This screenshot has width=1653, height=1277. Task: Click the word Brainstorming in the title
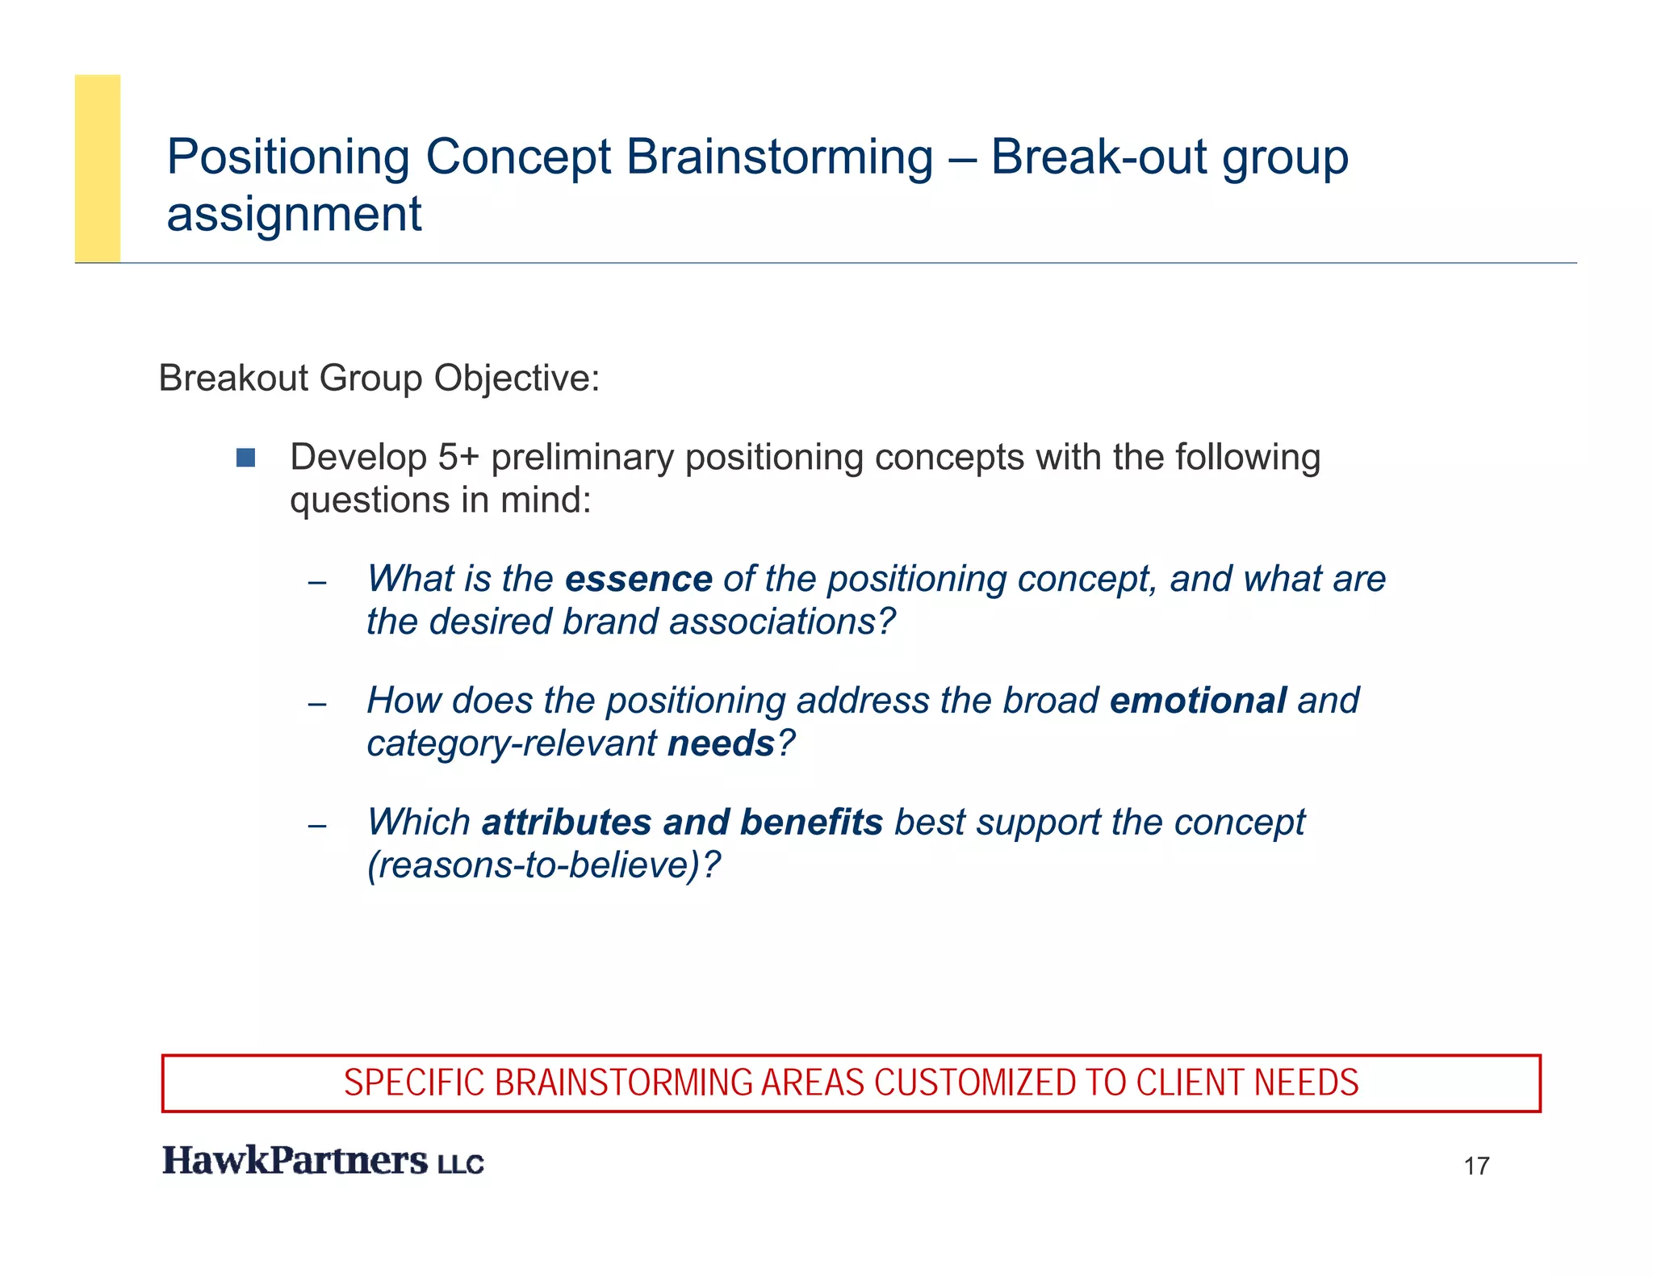tap(779, 157)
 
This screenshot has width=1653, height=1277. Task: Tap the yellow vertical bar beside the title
tap(98, 168)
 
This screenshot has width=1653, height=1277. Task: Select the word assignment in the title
tap(294, 215)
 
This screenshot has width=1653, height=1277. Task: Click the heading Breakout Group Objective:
tap(379, 378)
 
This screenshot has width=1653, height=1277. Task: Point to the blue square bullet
tap(245, 458)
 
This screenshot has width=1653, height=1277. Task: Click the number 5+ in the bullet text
tap(458, 458)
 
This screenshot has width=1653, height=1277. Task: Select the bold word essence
tap(638, 580)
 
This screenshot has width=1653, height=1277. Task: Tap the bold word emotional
tap(1198, 701)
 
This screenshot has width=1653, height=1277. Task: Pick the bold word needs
tap(721, 743)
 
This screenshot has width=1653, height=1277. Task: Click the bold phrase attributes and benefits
tap(682, 823)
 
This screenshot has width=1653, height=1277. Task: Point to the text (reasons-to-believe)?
tap(543, 865)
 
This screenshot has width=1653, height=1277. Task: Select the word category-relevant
tap(512, 743)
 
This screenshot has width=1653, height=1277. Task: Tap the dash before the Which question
tap(317, 826)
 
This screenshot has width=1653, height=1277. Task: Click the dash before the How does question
tap(317, 704)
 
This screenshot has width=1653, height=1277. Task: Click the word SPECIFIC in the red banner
tap(414, 1083)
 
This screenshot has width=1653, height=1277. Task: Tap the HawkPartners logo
tap(295, 1161)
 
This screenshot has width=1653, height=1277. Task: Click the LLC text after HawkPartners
tap(461, 1164)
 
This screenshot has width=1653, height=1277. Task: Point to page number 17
tap(1476, 1166)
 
